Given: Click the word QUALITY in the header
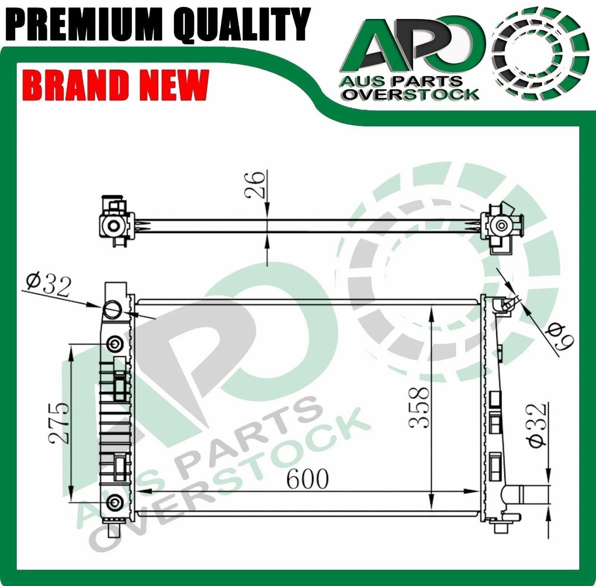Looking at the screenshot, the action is point(242,24).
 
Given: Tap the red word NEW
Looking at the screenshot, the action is point(174,85).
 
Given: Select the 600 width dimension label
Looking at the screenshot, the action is point(307,478).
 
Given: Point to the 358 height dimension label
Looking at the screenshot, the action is point(419,408).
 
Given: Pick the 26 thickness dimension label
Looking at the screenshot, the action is point(255,185).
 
